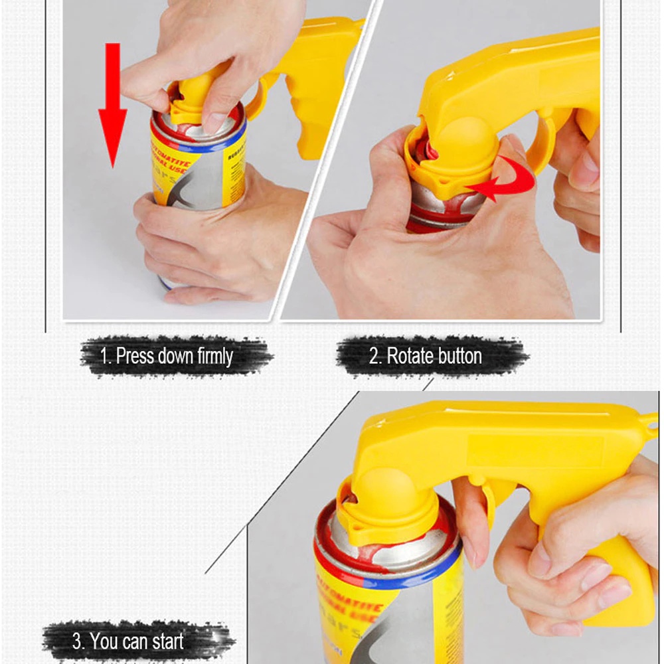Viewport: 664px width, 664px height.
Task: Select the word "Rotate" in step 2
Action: [409, 356]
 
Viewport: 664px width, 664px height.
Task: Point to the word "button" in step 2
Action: [459, 356]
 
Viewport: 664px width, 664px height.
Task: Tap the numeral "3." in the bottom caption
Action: [78, 641]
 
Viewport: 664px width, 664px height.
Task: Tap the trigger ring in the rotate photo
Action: [541, 143]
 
